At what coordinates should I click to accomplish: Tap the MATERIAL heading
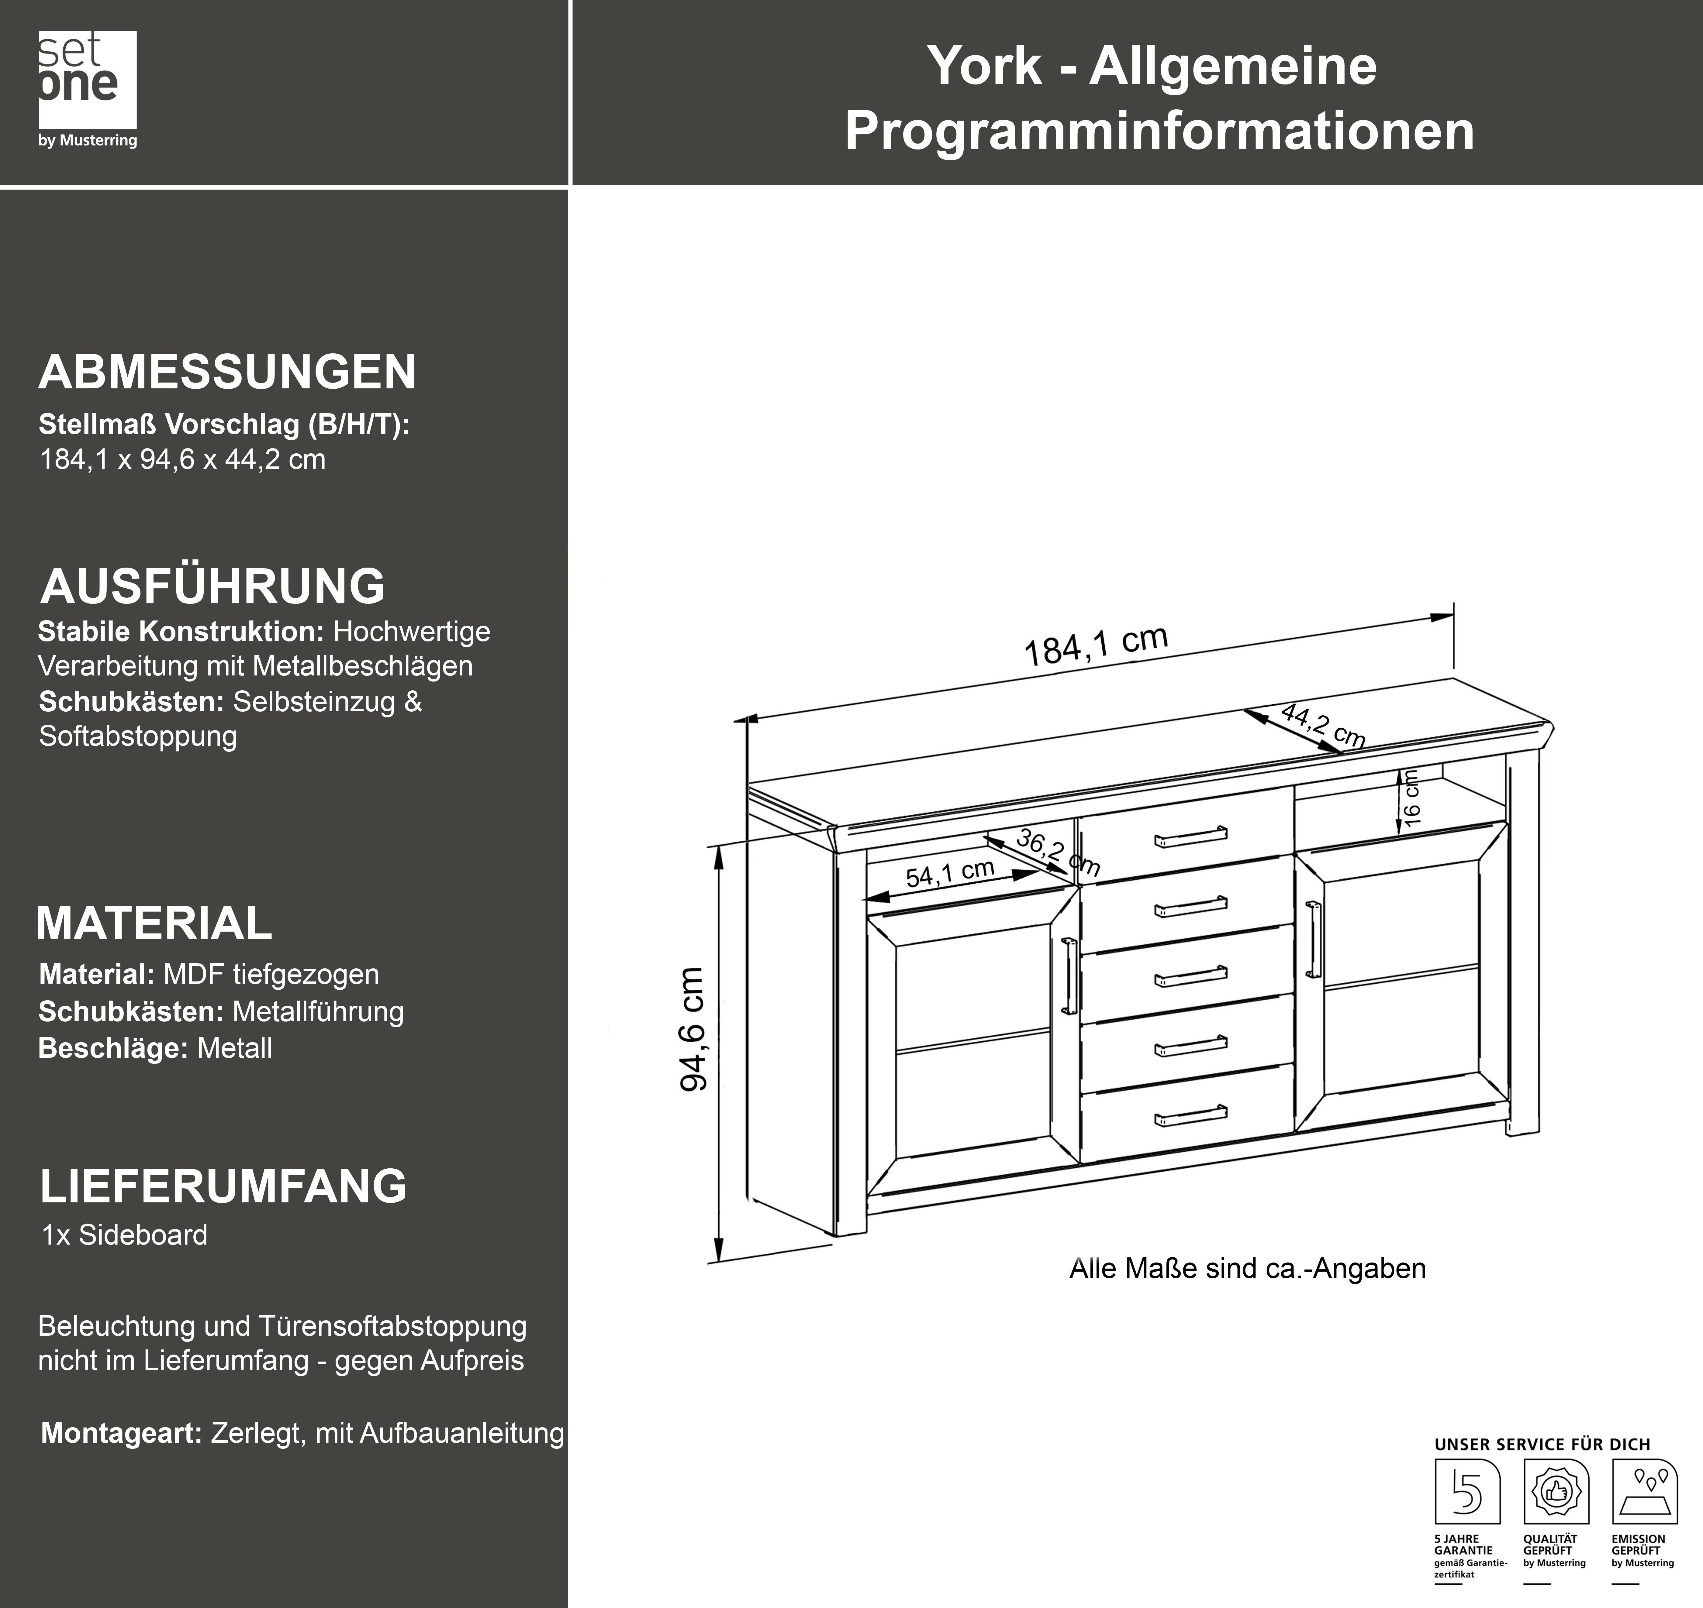point(154,923)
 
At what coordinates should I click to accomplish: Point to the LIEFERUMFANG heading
point(224,1186)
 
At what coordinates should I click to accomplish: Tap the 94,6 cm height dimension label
point(693,1029)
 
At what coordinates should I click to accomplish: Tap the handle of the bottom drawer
point(1191,1115)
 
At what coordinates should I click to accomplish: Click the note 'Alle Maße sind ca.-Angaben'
point(1247,1269)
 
